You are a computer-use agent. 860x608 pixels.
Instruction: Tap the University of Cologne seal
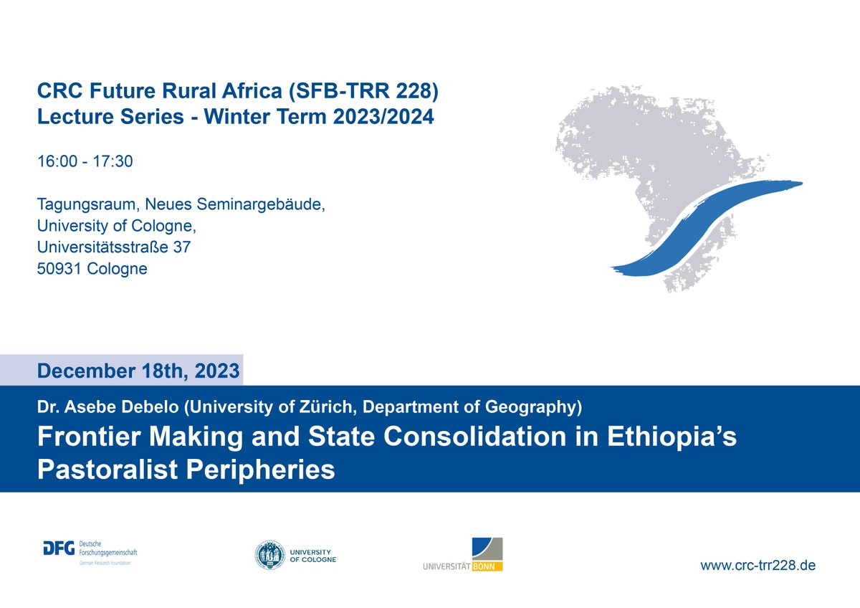click(270, 555)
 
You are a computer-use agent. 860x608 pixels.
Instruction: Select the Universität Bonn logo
click(463, 555)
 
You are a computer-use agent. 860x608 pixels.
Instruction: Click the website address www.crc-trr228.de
click(758, 565)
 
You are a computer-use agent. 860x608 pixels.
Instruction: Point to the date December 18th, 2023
click(139, 371)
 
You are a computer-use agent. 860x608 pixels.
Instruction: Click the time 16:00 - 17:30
click(85, 162)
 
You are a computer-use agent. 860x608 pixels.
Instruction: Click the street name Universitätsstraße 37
click(114, 247)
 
